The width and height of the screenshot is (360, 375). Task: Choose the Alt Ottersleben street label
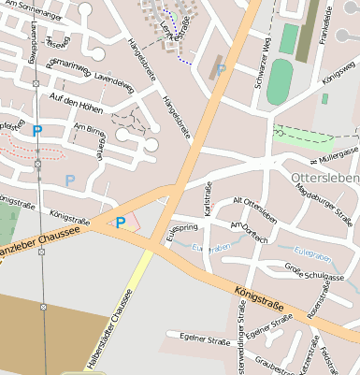click(x=254, y=210)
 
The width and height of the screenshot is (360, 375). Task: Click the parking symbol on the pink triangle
click(x=121, y=223)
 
